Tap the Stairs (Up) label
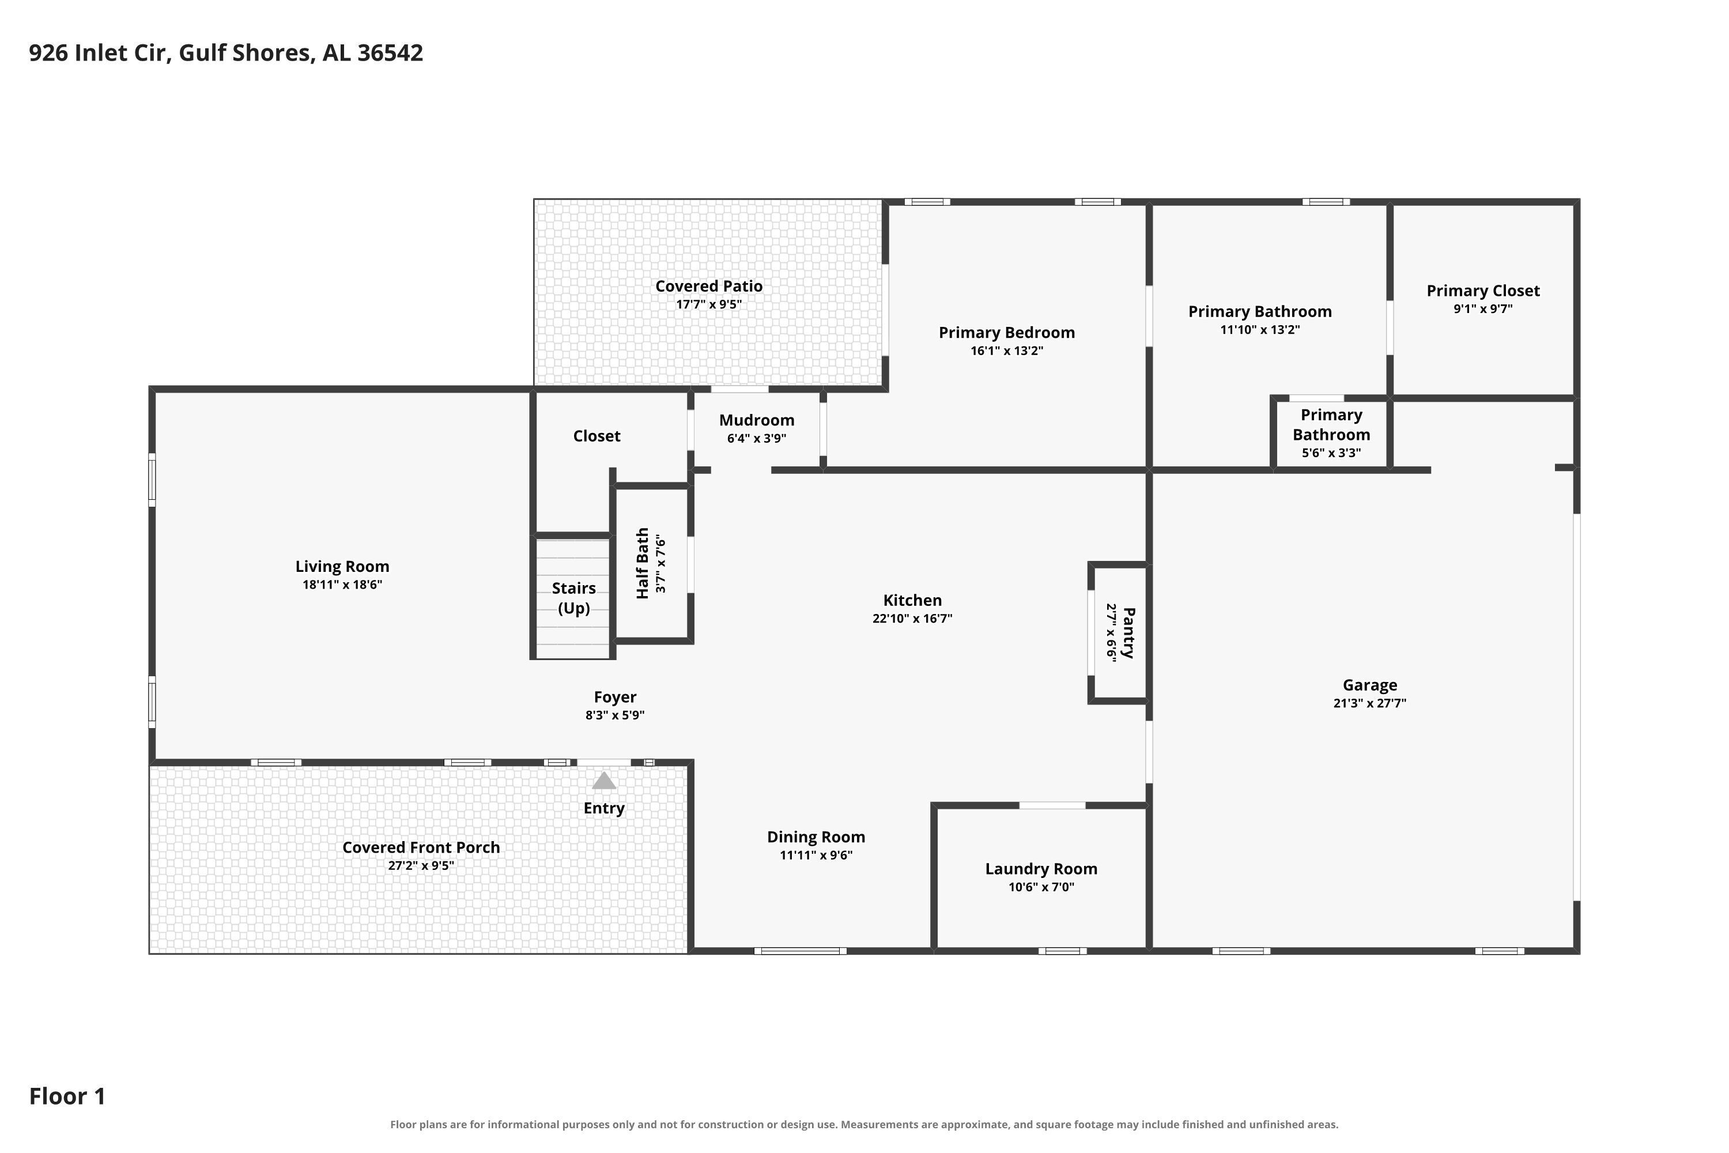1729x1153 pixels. (573, 598)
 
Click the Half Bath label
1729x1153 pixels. (643, 563)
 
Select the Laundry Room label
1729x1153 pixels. (1041, 869)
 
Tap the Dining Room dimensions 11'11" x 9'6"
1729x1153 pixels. (816, 855)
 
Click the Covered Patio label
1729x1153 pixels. (709, 286)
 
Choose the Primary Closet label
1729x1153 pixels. (1483, 291)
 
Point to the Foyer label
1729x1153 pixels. (616, 697)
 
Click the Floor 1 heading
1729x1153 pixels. (67, 1097)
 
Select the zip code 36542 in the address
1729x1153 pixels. (390, 53)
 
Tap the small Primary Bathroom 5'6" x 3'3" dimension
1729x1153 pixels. (1331, 453)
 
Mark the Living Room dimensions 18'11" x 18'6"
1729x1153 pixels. (342, 585)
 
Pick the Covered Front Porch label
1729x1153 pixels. (421, 847)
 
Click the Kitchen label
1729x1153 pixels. (912, 601)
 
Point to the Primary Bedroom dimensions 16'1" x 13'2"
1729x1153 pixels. (1006, 351)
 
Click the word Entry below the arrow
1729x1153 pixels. (603, 808)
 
